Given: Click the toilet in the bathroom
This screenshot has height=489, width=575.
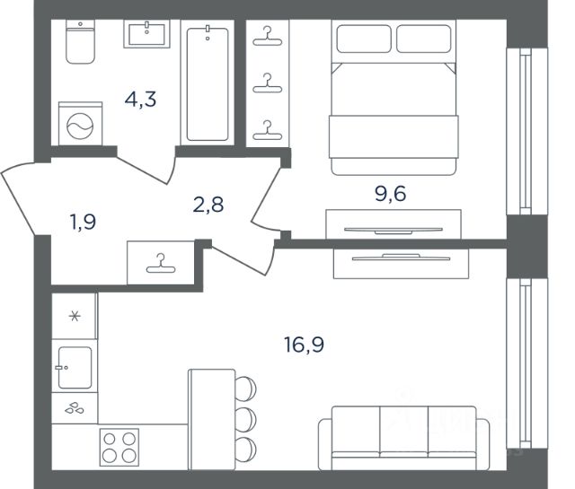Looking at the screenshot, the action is pos(80,41).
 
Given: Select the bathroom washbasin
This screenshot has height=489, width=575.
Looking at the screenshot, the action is pos(146,34).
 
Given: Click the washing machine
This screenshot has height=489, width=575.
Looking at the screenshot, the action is pos(80,124).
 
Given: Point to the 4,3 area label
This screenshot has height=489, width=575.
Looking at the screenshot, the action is pos(140,100).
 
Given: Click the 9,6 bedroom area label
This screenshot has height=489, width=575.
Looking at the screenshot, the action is pos(390,194).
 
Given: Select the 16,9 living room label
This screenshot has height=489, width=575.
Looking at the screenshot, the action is pos(304,345).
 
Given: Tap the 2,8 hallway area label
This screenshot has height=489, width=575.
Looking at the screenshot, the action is pos(208,205).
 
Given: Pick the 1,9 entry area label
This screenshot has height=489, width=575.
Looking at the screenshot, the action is pos(84,222).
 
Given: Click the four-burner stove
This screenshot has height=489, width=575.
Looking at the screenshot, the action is pos(119,447).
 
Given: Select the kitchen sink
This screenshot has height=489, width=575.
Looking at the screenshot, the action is pos(75,367).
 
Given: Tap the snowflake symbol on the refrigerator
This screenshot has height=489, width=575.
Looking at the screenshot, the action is pos(75,316).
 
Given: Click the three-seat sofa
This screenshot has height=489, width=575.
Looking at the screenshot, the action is pos(403,438).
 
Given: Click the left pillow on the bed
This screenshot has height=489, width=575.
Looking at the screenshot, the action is pos(364,39).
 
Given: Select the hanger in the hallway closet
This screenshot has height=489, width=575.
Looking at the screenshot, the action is pos(161,263).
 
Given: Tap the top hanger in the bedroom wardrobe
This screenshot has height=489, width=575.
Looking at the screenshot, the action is pos(268,36).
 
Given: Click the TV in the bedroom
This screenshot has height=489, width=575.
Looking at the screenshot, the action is pos(394,231).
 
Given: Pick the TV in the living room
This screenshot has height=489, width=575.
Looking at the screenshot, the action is pos(401,258).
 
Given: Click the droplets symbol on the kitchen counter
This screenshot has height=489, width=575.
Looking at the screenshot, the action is pos(75,407).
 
